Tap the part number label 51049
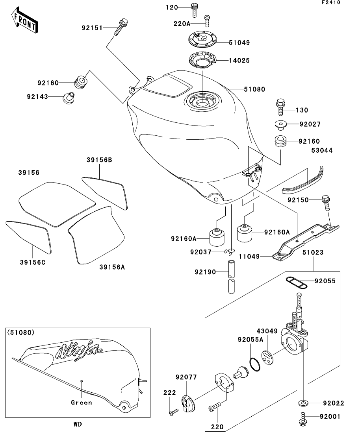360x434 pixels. (x=239, y=42)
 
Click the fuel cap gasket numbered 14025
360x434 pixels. (x=202, y=60)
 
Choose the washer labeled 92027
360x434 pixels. (x=281, y=125)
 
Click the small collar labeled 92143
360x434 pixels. (x=68, y=98)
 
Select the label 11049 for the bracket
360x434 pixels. (x=249, y=257)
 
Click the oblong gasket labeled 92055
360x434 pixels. (x=297, y=283)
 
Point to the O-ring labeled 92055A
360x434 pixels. (x=255, y=364)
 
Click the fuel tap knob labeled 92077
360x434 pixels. (x=188, y=403)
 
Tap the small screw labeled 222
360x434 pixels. (x=173, y=412)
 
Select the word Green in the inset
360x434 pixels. (x=82, y=403)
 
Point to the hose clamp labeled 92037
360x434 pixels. (x=230, y=251)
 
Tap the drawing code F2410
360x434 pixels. (x=331, y=3)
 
